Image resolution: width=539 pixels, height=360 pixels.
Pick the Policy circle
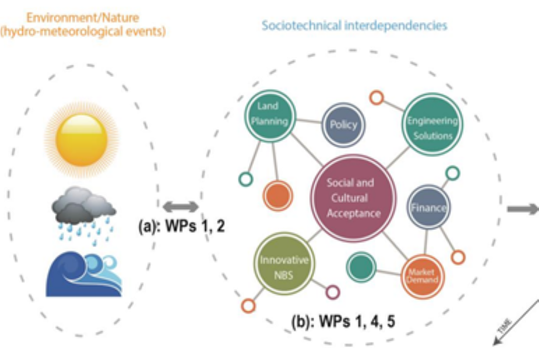pyautogui.click(x=343, y=124)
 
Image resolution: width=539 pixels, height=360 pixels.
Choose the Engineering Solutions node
pyautogui.click(x=433, y=127)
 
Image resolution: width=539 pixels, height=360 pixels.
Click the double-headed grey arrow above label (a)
pyautogui.click(x=180, y=207)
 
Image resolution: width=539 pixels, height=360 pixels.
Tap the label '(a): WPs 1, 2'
pyautogui.click(x=181, y=226)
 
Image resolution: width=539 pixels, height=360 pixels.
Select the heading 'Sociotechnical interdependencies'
pyautogui.click(x=355, y=25)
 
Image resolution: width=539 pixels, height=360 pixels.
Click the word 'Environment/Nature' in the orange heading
pyautogui.click(x=82, y=18)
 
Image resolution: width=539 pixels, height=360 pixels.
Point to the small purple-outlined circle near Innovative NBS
pyautogui.click(x=332, y=292)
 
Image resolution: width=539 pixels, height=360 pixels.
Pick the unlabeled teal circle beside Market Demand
pyautogui.click(x=361, y=266)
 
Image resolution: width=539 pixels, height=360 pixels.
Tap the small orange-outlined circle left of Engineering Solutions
pyautogui.click(x=376, y=97)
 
